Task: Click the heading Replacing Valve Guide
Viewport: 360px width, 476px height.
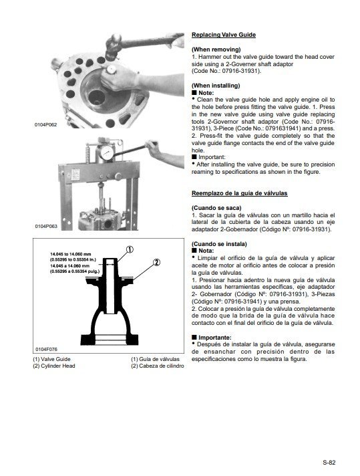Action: coord(223,34)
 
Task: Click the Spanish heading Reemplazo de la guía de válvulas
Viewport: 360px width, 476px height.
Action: coord(239,193)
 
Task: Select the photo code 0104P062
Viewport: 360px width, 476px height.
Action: coord(46,125)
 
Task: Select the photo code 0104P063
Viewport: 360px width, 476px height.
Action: coord(46,227)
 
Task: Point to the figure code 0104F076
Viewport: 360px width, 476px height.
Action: coord(46,350)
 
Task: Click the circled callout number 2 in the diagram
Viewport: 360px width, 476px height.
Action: coord(156,262)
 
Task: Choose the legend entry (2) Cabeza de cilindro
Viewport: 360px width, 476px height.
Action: coord(157,366)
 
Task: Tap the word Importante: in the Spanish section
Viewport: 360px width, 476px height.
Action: coord(214,338)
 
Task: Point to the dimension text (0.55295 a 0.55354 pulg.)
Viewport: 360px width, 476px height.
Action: coord(73,272)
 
